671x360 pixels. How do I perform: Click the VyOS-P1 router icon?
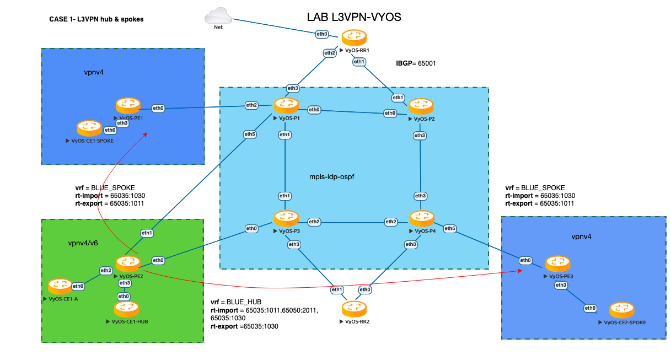(x=286, y=105)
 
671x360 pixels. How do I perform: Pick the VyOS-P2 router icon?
(x=420, y=106)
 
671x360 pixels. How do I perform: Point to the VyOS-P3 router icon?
(x=285, y=219)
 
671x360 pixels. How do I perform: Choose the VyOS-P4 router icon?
(x=421, y=219)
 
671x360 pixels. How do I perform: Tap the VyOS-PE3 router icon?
(x=556, y=264)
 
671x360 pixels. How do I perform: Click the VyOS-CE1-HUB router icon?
(x=126, y=309)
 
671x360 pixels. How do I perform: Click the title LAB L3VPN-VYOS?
(x=353, y=18)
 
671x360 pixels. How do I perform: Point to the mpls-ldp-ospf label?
(x=331, y=178)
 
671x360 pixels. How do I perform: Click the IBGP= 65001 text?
(x=416, y=63)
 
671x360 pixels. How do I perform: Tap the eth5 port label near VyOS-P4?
(x=450, y=228)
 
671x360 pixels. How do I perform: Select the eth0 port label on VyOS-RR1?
(x=321, y=34)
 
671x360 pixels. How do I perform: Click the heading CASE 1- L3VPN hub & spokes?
(x=96, y=19)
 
